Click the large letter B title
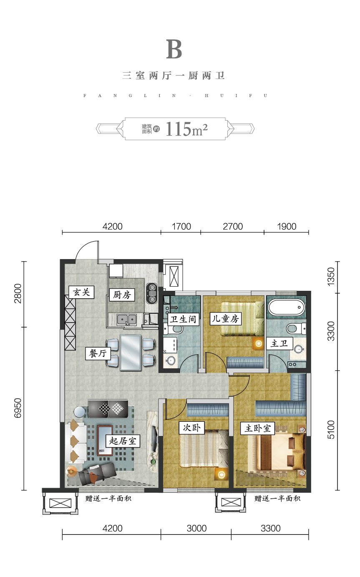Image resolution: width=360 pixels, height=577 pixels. click(x=174, y=49)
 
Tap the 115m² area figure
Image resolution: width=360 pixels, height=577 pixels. click(x=187, y=129)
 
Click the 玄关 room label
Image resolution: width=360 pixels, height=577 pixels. click(x=81, y=292)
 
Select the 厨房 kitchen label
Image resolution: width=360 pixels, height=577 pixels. click(x=122, y=295)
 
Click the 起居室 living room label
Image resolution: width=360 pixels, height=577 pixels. click(x=123, y=441)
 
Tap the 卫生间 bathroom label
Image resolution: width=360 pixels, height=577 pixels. click(x=183, y=320)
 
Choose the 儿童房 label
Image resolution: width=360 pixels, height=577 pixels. click(x=225, y=319)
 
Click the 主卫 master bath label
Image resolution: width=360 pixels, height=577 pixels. click(x=279, y=343)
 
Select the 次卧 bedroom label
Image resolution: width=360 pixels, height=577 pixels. click(x=192, y=428)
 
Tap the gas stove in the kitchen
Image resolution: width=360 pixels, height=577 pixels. click(x=152, y=293)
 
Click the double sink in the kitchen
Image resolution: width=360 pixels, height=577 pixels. click(x=127, y=320)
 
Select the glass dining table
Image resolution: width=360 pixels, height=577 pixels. click(x=131, y=352)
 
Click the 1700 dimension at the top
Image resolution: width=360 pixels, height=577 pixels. click(x=181, y=227)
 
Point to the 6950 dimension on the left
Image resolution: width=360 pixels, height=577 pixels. click(x=18, y=408)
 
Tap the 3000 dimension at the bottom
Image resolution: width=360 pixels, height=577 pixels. click(x=196, y=528)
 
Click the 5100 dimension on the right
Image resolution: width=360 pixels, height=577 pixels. click(x=331, y=429)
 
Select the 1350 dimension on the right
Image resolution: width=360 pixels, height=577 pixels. click(x=331, y=277)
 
